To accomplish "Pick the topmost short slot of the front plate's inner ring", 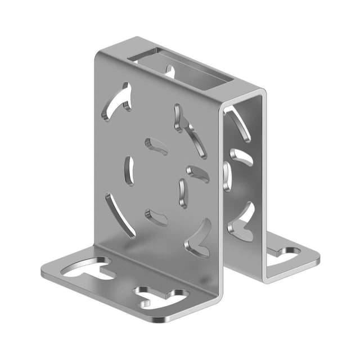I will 156,146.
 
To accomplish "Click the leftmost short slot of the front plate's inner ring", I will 129,170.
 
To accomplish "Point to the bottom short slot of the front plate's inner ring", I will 156,217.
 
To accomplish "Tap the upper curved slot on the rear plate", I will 238,123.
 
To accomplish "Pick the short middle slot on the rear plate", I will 241,157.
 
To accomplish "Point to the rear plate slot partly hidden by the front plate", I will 227,175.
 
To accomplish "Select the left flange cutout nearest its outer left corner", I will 88,269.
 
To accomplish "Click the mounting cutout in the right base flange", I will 285,255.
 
